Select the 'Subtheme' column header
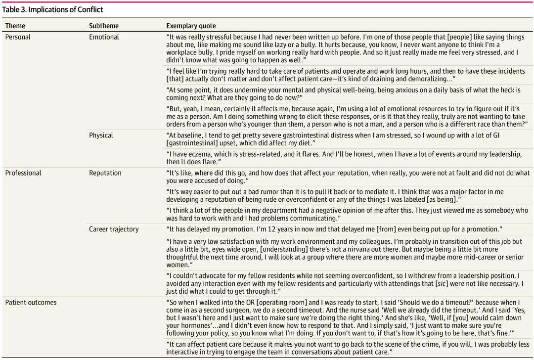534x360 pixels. click(104, 26)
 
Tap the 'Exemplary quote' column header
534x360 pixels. click(191, 26)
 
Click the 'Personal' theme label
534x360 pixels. click(18, 37)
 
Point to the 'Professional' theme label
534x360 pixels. click(23, 173)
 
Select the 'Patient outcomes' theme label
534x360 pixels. click(31, 302)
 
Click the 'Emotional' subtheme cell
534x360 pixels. click(104, 37)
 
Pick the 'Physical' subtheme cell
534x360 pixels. click(101, 135)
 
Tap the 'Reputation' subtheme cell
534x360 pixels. click(105, 173)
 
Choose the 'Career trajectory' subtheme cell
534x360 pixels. click(114, 229)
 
